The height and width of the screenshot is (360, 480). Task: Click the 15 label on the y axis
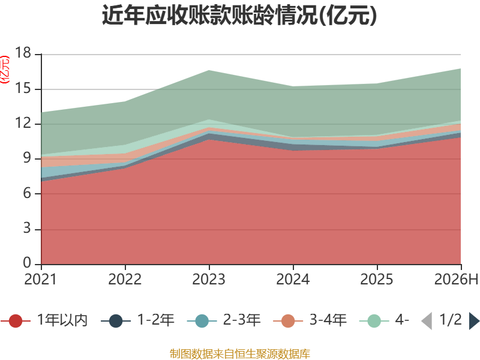pos(23,88)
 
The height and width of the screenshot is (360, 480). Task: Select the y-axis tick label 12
pos(23,123)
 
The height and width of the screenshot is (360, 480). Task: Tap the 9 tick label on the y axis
pos(27,158)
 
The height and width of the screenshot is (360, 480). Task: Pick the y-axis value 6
pos(27,193)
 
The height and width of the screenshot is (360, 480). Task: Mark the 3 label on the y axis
pos(27,229)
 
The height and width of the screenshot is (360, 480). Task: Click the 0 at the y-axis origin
pos(27,263)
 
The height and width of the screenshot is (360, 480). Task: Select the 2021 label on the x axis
pos(40,279)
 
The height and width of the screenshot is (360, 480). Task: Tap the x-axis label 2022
pos(125,279)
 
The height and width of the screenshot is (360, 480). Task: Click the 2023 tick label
pos(209,279)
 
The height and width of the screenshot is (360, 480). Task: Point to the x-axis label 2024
pos(293,279)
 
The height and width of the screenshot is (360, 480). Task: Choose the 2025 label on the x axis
pos(377,279)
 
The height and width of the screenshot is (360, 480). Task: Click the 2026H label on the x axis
pos(456,279)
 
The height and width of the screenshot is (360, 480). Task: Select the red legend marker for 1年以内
pos(16,321)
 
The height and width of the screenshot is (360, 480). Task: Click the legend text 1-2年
pos(156,320)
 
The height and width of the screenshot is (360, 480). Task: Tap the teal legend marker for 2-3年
pos(202,321)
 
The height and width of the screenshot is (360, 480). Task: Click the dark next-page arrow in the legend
pos(474,321)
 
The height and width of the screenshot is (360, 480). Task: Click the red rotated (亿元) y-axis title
pos(5,70)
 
